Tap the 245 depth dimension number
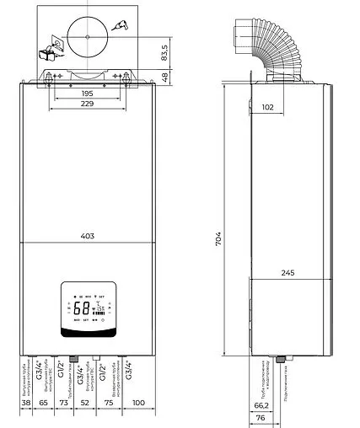pyautogui.click(x=288, y=273)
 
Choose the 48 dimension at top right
pyautogui.click(x=165, y=77)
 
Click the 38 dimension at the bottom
pyautogui.click(x=24, y=404)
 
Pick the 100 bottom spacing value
pyautogui.click(x=138, y=404)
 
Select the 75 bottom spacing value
pyautogui.click(x=110, y=404)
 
